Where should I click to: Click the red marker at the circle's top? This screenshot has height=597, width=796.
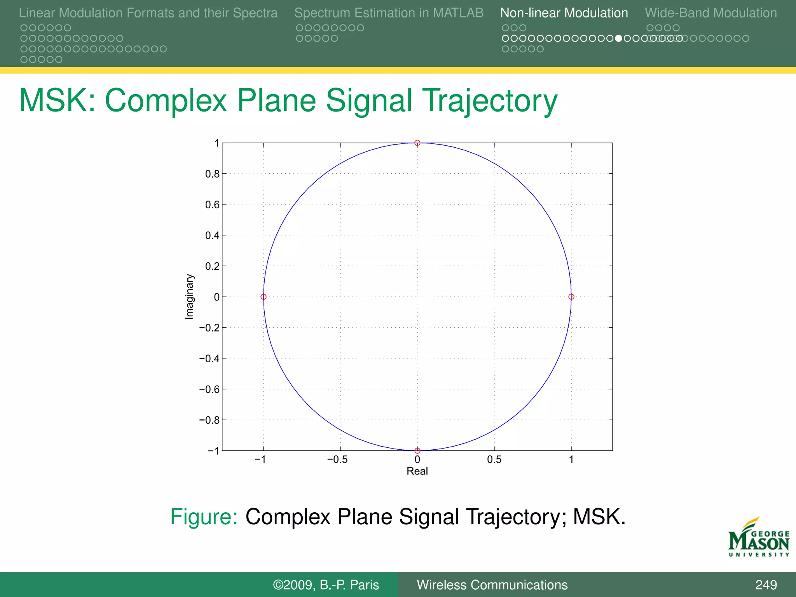click(417, 143)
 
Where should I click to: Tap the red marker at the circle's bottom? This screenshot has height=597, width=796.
click(417, 450)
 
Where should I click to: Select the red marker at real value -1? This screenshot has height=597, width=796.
click(264, 297)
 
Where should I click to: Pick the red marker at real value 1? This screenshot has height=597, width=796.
click(571, 297)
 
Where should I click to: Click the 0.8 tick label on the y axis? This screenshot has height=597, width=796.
click(212, 174)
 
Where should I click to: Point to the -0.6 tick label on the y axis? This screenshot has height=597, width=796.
click(209, 389)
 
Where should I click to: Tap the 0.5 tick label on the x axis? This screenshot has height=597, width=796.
click(494, 459)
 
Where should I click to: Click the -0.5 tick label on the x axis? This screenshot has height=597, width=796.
click(337, 459)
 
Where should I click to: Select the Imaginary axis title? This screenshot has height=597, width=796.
click(189, 297)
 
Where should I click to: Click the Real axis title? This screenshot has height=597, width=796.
click(417, 471)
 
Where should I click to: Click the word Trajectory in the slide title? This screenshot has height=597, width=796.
click(490, 100)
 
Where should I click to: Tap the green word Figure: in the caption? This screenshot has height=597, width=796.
click(204, 517)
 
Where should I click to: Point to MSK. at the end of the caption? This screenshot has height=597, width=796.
click(599, 517)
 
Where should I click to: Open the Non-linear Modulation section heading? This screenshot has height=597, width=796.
click(564, 13)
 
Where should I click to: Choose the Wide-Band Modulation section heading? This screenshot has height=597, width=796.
click(710, 13)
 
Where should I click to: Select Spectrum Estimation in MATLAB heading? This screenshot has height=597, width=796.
click(389, 13)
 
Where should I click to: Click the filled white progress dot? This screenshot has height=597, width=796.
click(618, 38)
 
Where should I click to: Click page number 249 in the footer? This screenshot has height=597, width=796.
click(766, 585)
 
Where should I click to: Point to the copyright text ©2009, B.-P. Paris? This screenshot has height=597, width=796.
click(326, 585)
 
